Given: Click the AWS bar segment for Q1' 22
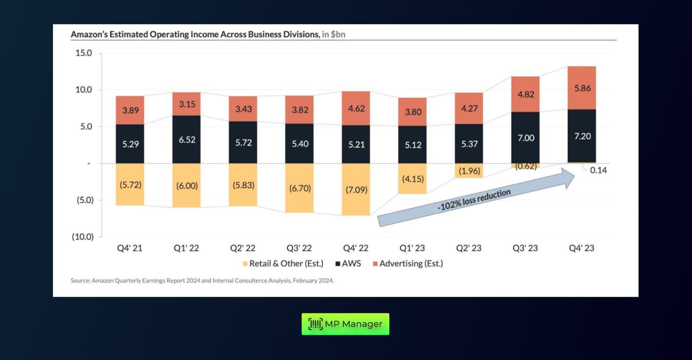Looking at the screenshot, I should (x=187, y=139).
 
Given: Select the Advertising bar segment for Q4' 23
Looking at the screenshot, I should (x=582, y=88).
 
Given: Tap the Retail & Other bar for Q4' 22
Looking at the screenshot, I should (x=356, y=190).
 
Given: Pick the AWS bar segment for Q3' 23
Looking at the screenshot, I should (x=525, y=138).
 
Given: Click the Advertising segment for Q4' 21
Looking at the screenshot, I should (x=130, y=110).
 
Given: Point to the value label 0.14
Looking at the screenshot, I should (x=598, y=170).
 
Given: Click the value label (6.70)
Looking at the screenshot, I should (x=300, y=188).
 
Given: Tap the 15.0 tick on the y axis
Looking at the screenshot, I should (x=83, y=53).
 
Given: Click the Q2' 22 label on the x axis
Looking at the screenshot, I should (x=243, y=249).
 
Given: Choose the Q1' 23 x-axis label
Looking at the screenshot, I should (x=412, y=249).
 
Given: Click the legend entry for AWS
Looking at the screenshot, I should (x=348, y=264).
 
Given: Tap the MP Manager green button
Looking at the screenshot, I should (x=345, y=324).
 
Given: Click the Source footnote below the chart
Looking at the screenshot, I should (x=202, y=281).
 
